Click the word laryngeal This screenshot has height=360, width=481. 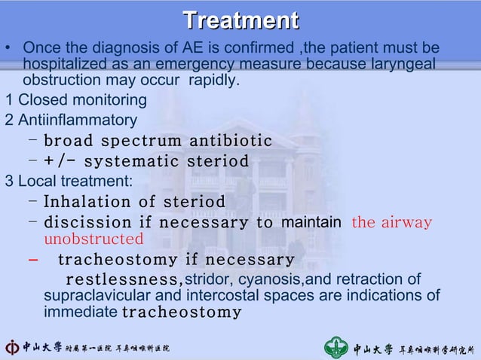[x=400, y=65]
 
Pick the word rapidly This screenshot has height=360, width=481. [x=214, y=80]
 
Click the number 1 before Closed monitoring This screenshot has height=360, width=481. [x=8, y=100]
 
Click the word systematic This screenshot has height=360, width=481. [x=133, y=161]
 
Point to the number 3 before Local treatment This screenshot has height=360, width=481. [x=8, y=181]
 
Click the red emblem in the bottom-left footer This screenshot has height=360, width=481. [x=14, y=347]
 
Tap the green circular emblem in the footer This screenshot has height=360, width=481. [x=336, y=347]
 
